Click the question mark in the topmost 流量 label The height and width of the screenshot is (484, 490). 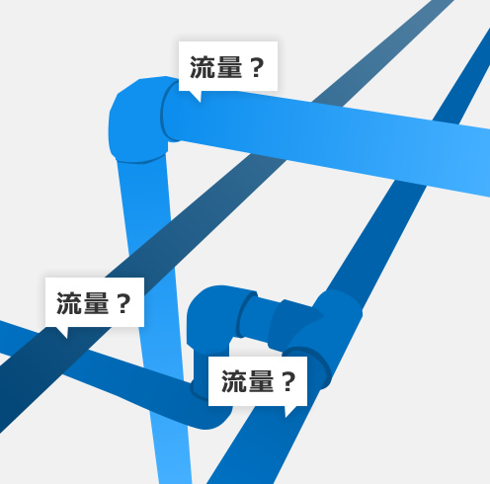tap(257, 67)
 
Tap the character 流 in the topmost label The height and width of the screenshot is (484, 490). tap(203, 67)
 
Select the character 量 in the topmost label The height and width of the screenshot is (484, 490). tap(229, 67)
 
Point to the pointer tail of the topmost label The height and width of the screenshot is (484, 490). tap(197, 97)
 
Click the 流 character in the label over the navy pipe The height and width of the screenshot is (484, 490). tap(69, 303)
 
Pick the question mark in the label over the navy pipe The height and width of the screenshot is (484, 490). tap(123, 303)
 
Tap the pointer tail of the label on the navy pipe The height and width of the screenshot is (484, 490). tap(62, 333)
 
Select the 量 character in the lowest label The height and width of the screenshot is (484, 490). tap(261, 381)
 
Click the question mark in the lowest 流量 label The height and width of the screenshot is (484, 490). tap(288, 382)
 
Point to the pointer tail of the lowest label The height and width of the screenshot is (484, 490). tap(289, 412)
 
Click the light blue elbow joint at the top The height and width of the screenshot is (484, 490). tap(140, 121)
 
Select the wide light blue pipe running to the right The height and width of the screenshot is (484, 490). tap(329, 138)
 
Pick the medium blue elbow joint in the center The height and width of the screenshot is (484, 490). tap(210, 316)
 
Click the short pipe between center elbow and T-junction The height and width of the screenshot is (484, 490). tap(260, 318)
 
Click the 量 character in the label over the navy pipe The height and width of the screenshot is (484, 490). tap(96, 303)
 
